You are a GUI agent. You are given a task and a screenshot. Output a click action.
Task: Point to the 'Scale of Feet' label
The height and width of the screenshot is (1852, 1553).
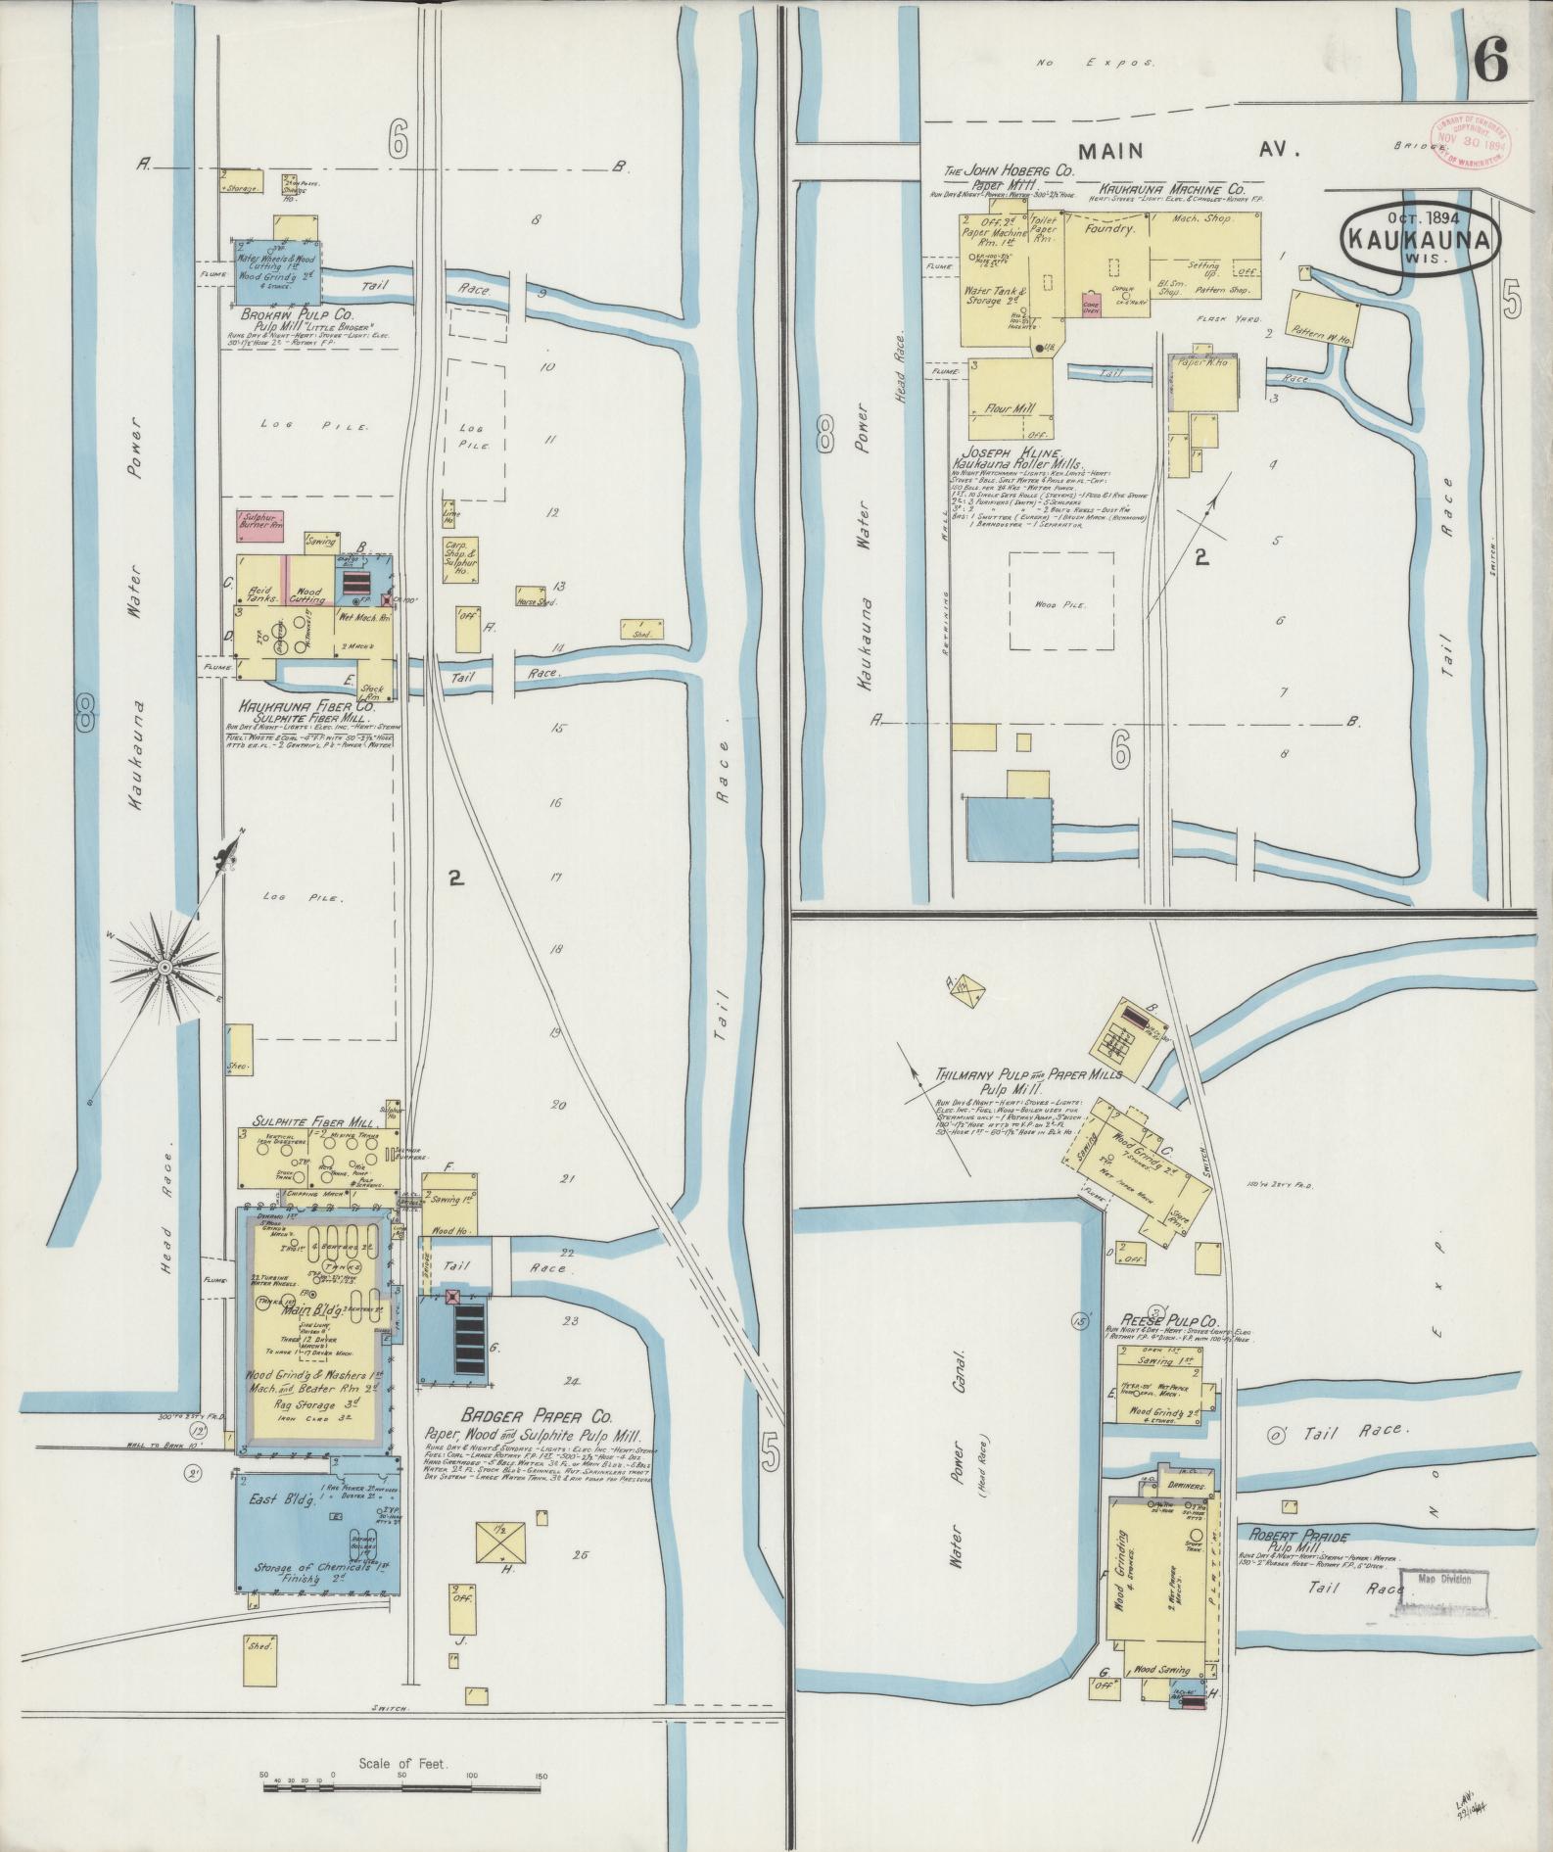(402, 1764)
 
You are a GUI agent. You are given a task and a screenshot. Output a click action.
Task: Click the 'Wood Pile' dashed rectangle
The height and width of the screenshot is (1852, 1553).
(1061, 605)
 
